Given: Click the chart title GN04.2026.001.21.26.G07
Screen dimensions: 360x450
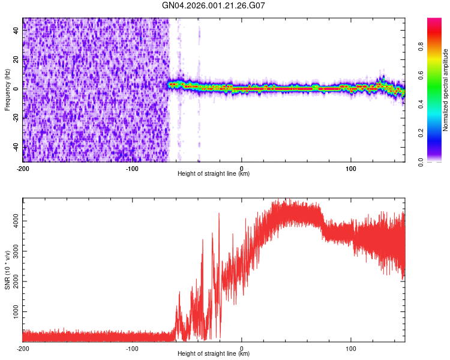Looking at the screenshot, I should [x=214, y=5].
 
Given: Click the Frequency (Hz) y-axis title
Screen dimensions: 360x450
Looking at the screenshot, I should [x=7, y=90].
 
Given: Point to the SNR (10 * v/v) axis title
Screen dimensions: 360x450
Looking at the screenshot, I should [x=7, y=270].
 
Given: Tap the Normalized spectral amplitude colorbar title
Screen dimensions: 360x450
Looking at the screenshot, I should [x=445, y=90].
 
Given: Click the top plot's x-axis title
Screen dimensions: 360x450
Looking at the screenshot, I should [x=214, y=174].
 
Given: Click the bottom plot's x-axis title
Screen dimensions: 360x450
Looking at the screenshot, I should [x=214, y=354].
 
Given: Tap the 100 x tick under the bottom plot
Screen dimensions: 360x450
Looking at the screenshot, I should [x=351, y=348].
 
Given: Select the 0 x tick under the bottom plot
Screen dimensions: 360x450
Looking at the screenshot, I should [x=242, y=348].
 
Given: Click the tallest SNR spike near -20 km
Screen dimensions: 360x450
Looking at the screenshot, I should [x=219, y=214].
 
